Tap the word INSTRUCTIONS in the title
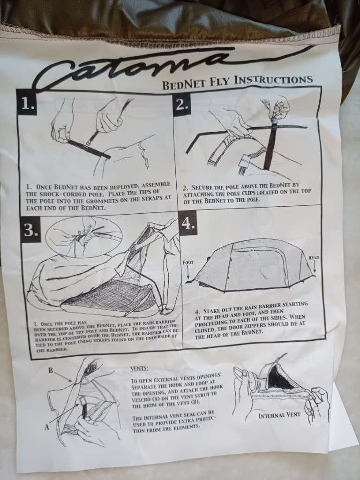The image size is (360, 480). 273,80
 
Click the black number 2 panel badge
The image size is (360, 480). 182,105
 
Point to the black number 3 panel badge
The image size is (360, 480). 30,230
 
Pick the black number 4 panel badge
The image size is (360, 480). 187,224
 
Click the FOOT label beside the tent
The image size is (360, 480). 187,262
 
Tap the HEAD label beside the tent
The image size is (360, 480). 314,257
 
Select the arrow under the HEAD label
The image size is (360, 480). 315,268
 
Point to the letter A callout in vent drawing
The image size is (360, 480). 47,427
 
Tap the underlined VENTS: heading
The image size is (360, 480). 139,368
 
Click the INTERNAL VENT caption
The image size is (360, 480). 279,415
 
